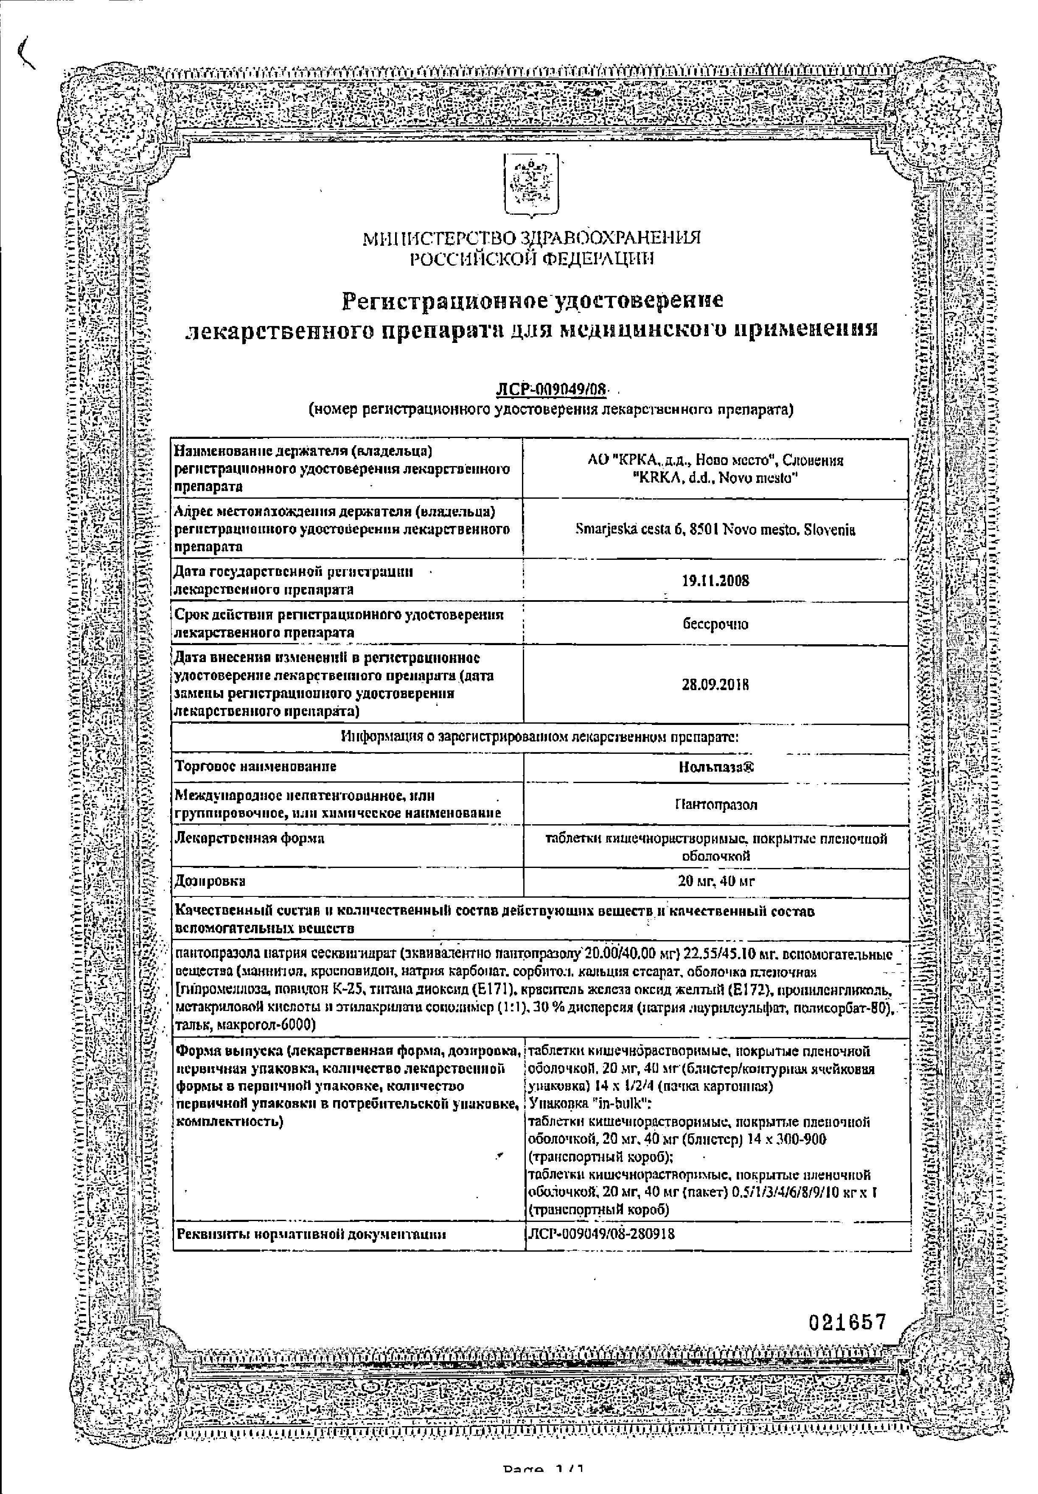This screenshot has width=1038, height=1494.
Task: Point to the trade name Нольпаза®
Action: pyautogui.click(x=716, y=767)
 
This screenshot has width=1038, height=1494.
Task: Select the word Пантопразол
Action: pyautogui.click(x=716, y=805)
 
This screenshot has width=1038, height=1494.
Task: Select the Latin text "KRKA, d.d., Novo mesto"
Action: pyautogui.click(x=715, y=478)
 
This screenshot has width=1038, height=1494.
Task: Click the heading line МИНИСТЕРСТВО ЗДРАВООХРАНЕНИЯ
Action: pyautogui.click(x=532, y=238)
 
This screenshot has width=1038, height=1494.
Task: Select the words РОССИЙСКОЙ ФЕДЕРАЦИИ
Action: pyautogui.click(x=532, y=259)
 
